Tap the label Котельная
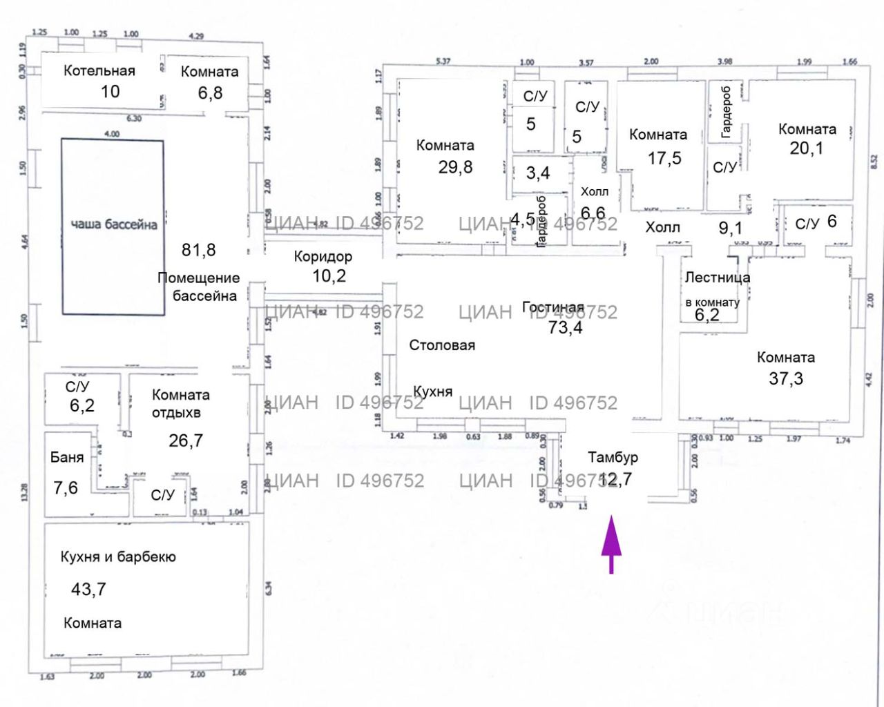[99, 70]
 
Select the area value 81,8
[198, 250]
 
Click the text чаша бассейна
[114, 224]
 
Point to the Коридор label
[323, 256]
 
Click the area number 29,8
[455, 167]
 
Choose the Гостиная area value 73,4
[565, 327]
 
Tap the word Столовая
[442, 345]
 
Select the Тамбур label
[613, 457]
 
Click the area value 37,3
[786, 378]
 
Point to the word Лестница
[717, 278]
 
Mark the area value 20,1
[806, 148]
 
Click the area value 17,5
[664, 158]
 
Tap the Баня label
[67, 457]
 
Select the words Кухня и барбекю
[118, 557]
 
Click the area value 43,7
[88, 589]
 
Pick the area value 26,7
[186, 440]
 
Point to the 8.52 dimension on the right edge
[874, 161]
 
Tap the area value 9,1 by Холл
[731, 227]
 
